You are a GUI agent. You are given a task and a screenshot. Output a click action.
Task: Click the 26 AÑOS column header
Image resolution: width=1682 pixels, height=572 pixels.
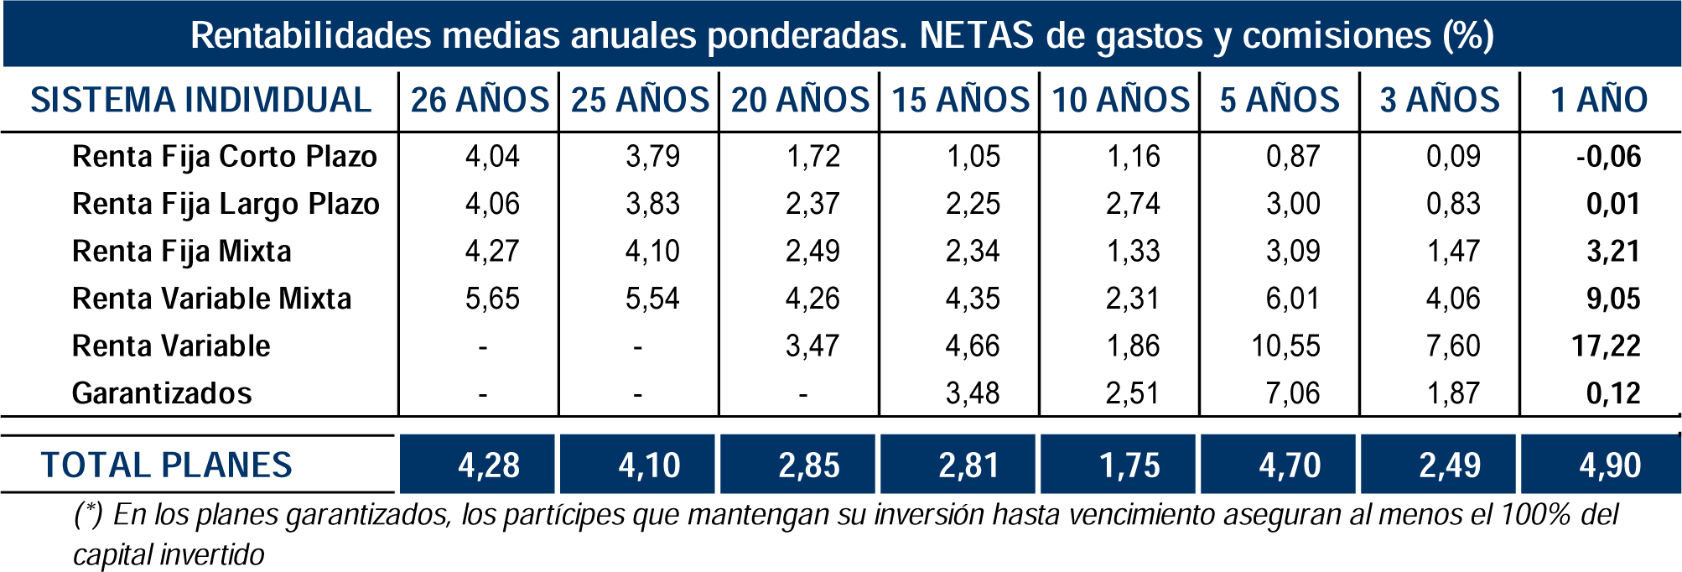coord(480,100)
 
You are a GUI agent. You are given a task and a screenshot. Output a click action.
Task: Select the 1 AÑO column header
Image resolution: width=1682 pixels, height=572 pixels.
coord(1599,100)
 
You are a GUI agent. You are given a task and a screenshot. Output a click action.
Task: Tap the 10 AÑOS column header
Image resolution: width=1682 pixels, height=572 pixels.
coord(1120,100)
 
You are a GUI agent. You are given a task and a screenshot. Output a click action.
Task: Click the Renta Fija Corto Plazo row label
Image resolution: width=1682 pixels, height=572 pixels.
coord(225,157)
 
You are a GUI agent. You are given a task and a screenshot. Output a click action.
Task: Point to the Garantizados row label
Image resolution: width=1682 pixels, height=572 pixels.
coord(162,393)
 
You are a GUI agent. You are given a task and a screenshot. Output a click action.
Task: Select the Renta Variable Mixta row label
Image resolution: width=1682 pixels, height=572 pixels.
coord(211,299)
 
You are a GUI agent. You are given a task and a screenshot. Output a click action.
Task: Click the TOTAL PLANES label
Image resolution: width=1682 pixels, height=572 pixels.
coord(167,465)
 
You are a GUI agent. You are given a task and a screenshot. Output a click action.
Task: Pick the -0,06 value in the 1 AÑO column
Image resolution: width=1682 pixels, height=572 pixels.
coord(1608,157)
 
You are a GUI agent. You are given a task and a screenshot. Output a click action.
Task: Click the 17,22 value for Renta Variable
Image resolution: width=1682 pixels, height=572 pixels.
coord(1606,346)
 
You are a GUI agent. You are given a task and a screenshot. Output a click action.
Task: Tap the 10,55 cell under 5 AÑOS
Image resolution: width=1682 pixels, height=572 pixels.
coord(1285,346)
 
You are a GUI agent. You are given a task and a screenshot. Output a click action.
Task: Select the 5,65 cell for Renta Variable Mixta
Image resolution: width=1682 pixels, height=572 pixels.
coord(492,299)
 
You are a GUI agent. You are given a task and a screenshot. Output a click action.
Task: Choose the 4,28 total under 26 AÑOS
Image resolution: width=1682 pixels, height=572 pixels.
coord(489,465)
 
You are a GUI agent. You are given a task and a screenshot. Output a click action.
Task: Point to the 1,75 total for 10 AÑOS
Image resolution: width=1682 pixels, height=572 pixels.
coord(1129,465)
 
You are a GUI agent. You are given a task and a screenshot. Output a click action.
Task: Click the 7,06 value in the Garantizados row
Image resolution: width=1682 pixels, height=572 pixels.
coord(1293,393)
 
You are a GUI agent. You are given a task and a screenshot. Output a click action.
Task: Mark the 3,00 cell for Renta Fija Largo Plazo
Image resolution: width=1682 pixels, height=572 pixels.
coord(1293,204)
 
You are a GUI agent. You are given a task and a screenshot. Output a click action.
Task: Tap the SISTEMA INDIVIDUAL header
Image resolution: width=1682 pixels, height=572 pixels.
coord(201,100)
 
